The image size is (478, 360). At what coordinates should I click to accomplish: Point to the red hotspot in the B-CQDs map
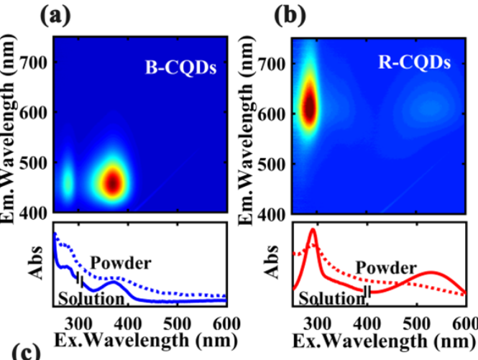pos(113,183)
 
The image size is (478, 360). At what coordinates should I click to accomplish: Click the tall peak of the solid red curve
pos(313,231)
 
